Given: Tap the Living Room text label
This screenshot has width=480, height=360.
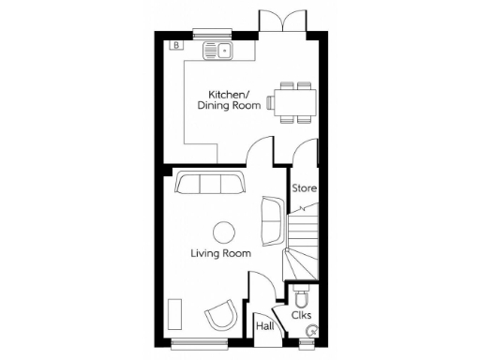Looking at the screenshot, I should coord(220,253).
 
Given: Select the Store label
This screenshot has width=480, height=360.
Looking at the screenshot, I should coord(304,188).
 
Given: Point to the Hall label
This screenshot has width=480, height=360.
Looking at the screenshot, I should coord(264,325).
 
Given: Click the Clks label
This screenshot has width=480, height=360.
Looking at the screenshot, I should coord(302,316).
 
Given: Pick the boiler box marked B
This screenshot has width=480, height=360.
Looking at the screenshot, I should coord(174,45).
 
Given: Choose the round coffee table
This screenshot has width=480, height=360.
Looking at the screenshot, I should coord(223,231).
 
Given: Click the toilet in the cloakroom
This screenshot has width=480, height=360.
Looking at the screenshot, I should coord(300,298).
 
